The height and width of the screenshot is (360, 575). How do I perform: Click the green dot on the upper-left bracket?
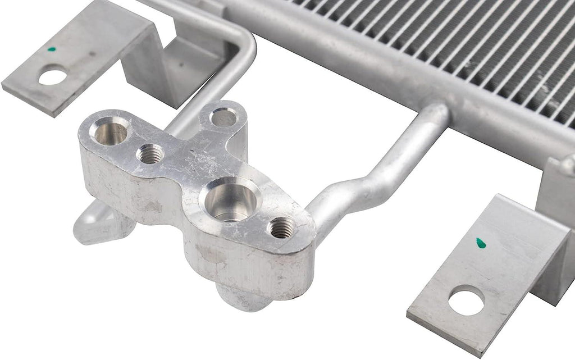click(52, 49)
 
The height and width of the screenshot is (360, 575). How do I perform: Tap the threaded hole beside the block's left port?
click(150, 153)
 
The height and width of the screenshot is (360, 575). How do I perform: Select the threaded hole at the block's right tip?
click(281, 227)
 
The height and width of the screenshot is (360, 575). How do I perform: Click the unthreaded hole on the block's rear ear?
click(225, 118)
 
